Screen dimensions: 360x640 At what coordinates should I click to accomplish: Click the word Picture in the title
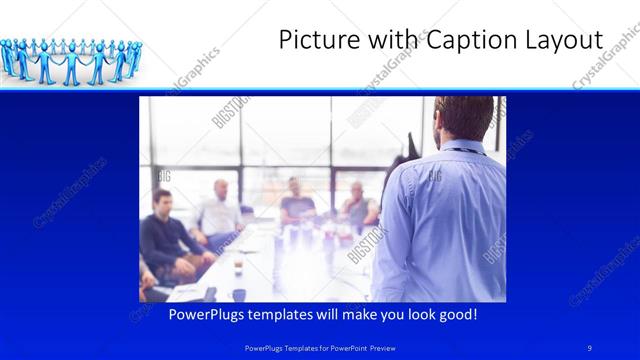point(312,40)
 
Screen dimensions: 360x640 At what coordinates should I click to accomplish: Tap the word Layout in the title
point(567,40)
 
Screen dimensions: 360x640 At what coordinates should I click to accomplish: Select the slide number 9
point(590,347)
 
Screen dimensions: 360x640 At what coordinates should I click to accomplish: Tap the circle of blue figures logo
point(67,60)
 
